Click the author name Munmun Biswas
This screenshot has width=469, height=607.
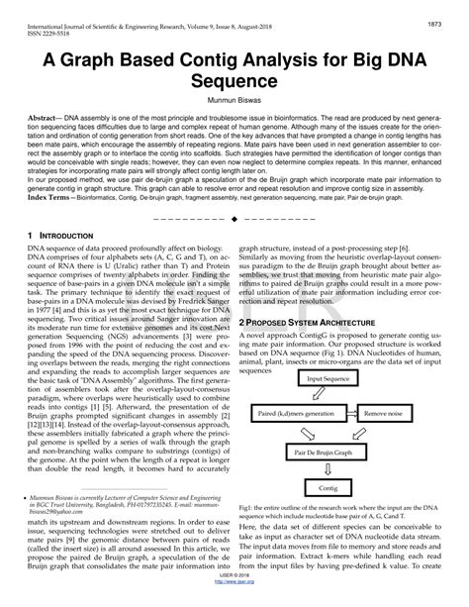(234, 100)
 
